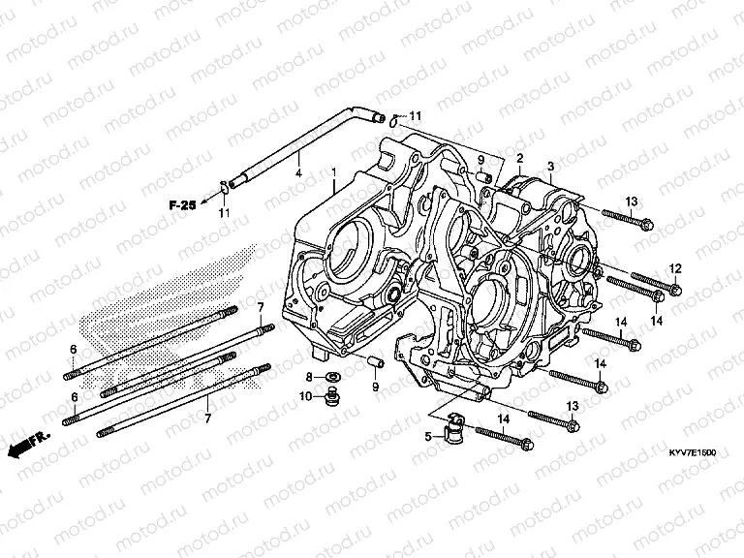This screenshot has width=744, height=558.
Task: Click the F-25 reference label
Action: (180, 204)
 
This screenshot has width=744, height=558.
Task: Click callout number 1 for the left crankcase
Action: (333, 172)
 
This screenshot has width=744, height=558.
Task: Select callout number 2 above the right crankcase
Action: (518, 158)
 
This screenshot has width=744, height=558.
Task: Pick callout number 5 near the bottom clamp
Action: (427, 437)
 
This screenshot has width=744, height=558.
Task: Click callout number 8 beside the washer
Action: (309, 376)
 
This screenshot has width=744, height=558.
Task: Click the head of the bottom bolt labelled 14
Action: (527, 446)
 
